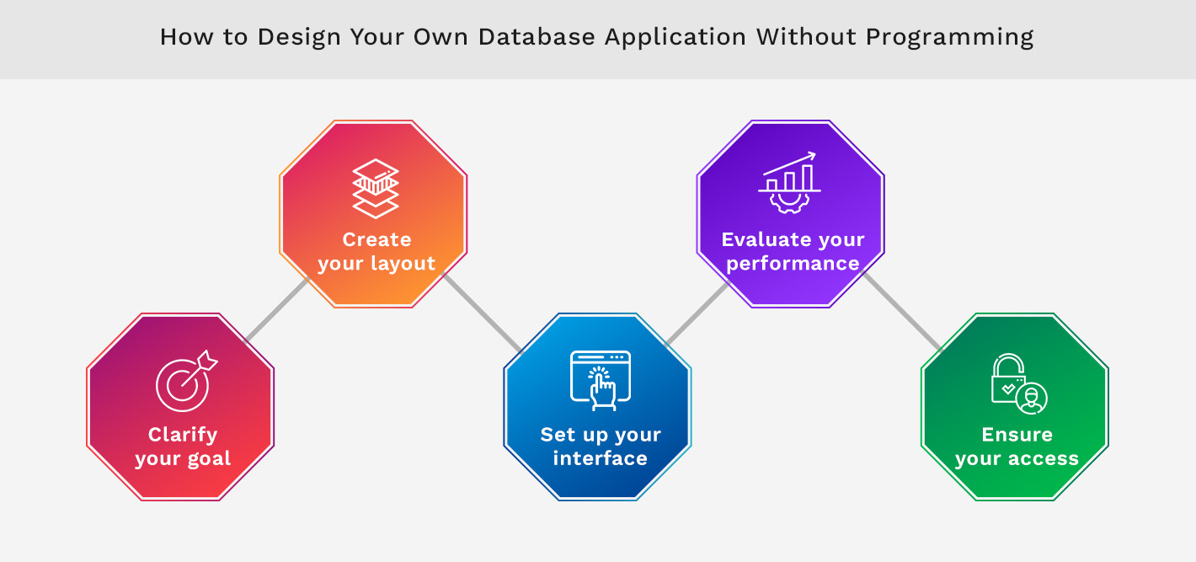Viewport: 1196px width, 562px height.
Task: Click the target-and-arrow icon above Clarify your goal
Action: tap(185, 382)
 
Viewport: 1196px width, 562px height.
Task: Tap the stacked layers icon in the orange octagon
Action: tap(376, 187)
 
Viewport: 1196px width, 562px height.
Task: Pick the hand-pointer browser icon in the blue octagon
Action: tap(600, 380)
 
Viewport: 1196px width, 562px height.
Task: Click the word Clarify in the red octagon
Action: tap(183, 435)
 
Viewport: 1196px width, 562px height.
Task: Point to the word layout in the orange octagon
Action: tap(400, 264)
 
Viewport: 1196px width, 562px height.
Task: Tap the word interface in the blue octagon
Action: tap(600, 458)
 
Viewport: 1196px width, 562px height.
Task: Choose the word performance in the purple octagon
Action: tap(793, 264)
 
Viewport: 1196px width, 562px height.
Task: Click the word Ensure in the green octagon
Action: tap(1017, 435)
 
